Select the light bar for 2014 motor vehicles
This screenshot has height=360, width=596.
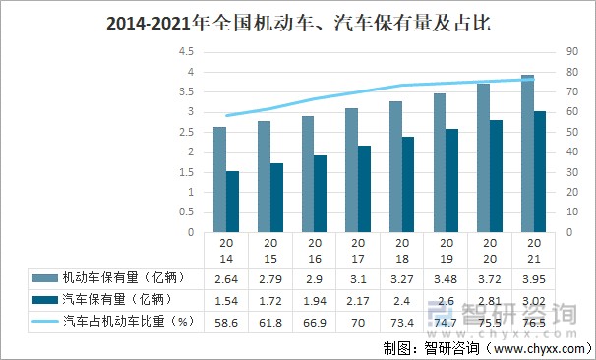point(219,180)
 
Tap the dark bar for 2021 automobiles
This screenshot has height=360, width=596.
point(540,172)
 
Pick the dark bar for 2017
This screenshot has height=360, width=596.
point(365,189)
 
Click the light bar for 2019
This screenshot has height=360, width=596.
point(439,163)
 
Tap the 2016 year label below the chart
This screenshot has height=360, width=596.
point(314,251)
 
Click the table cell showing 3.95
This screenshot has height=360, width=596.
point(533,278)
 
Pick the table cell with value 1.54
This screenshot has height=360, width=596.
point(226,299)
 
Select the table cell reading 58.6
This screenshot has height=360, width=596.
point(226,321)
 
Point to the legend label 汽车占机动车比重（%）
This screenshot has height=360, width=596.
point(124,321)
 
